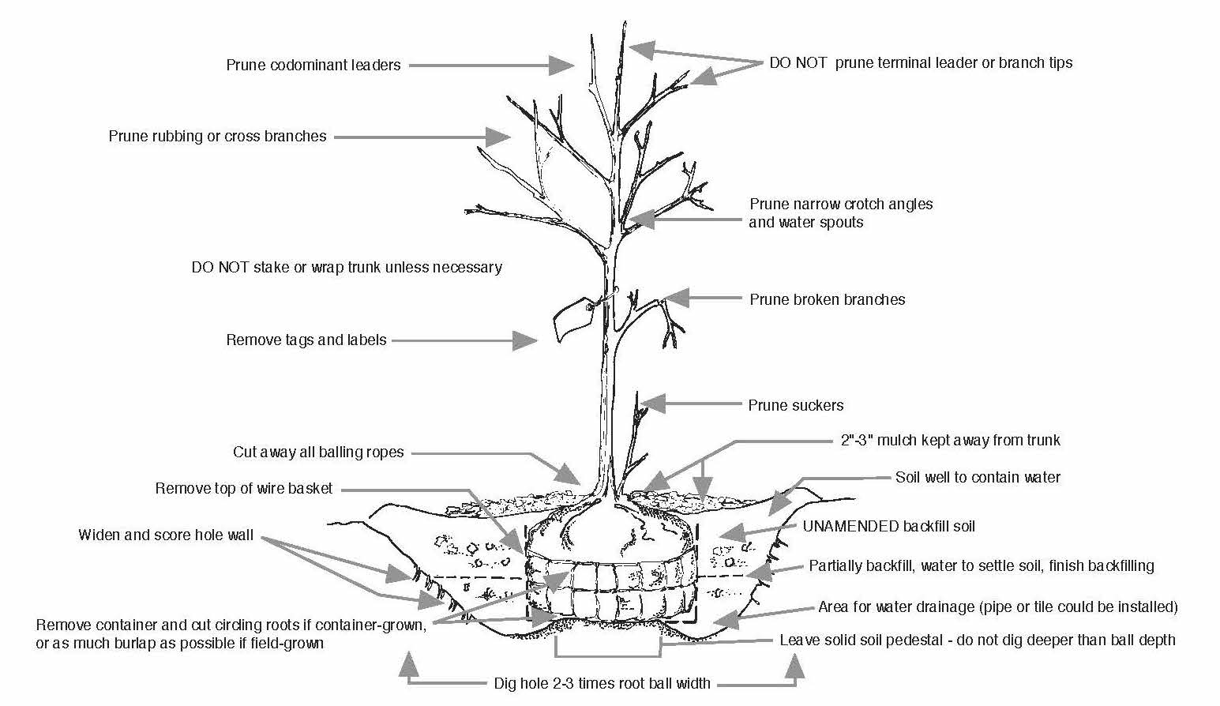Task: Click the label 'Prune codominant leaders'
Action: (313, 66)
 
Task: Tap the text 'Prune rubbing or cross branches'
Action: (217, 137)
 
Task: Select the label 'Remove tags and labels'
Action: (306, 340)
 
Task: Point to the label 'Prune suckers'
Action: (795, 406)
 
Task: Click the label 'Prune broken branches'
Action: (827, 300)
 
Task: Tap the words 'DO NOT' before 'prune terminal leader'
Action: (798, 63)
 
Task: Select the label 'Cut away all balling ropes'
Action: (318, 453)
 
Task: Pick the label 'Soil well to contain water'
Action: (978, 478)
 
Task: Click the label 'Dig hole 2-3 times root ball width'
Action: (602, 684)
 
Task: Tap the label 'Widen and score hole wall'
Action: (166, 535)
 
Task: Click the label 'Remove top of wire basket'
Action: (244, 489)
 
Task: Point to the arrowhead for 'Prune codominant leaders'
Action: (561, 66)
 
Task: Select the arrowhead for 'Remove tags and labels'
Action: (526, 340)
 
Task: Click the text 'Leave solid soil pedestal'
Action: (863, 640)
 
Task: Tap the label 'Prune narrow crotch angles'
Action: (841, 205)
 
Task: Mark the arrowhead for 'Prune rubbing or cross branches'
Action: (498, 137)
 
